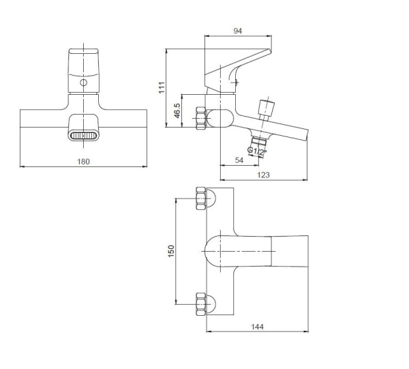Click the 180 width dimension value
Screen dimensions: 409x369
83,162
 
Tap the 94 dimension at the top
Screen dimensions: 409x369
238,31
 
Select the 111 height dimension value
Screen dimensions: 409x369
162,87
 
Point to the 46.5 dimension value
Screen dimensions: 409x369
177,110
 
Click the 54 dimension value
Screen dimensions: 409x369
239,160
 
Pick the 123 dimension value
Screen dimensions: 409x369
263,175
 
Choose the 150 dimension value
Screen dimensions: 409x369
171,251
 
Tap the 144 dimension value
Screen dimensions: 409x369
258,327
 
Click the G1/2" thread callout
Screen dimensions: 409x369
257,151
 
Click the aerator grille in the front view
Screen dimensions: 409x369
83,136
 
